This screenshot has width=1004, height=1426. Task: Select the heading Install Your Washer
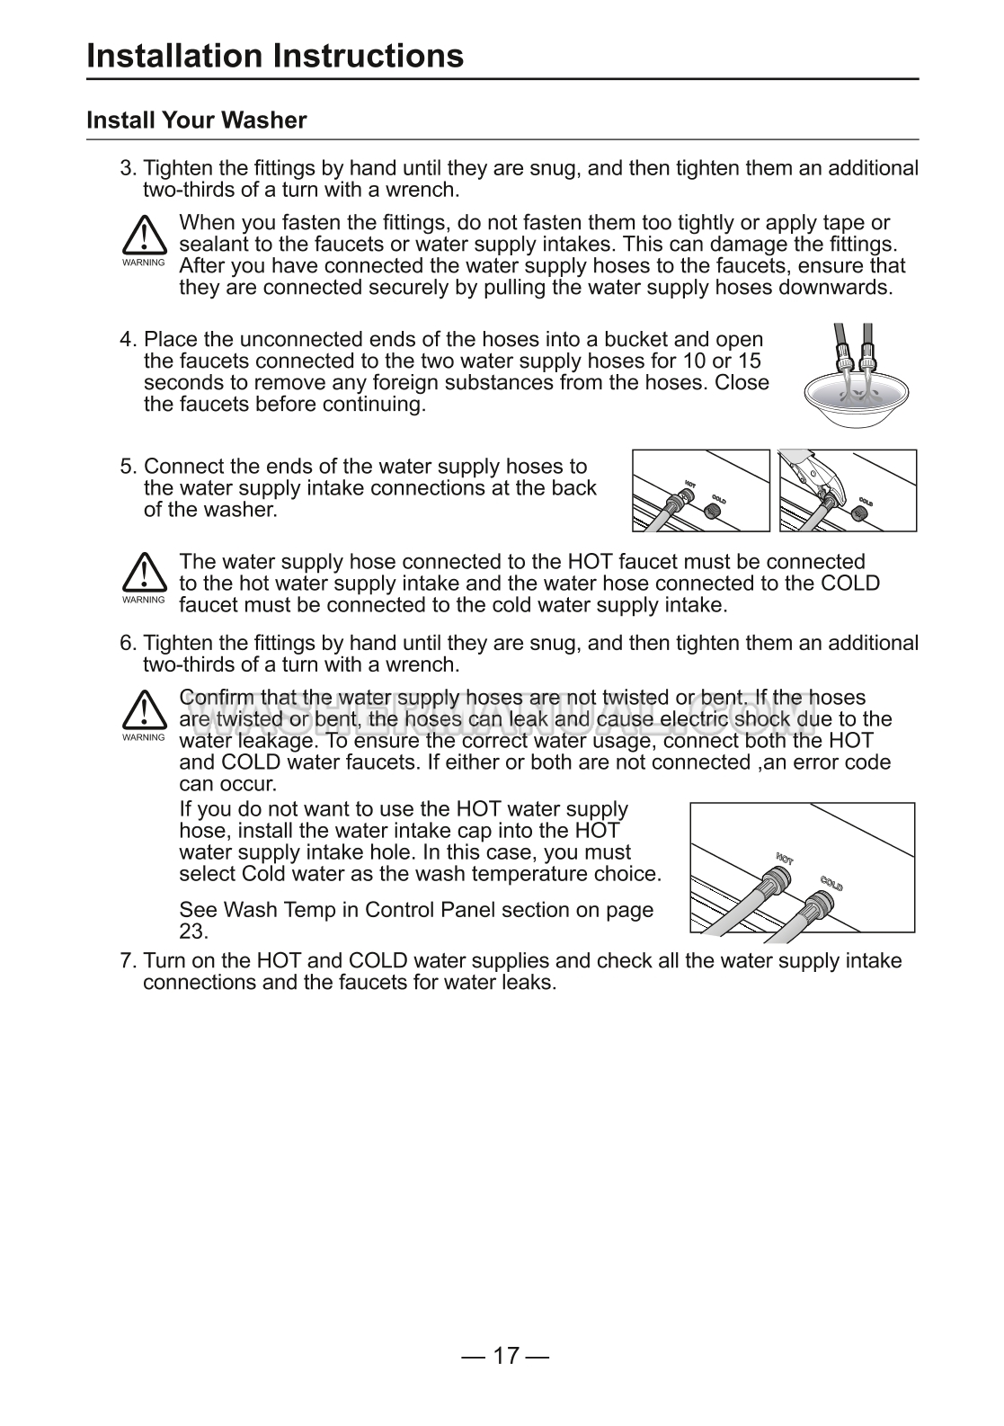[x=196, y=120]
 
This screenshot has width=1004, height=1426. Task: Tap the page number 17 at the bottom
[x=506, y=1356]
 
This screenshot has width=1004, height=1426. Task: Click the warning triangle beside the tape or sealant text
[x=143, y=236]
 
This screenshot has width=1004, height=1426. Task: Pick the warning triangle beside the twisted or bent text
[x=143, y=711]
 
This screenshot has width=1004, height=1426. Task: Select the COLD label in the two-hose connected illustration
[x=831, y=882]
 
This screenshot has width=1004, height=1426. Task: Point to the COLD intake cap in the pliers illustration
[x=858, y=513]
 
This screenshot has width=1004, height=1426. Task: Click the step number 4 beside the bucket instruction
[x=128, y=340]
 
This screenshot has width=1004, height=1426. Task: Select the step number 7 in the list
[x=128, y=961]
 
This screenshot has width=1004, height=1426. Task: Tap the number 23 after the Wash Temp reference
[x=193, y=931]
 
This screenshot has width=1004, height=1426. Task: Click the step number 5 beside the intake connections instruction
[x=128, y=467]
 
